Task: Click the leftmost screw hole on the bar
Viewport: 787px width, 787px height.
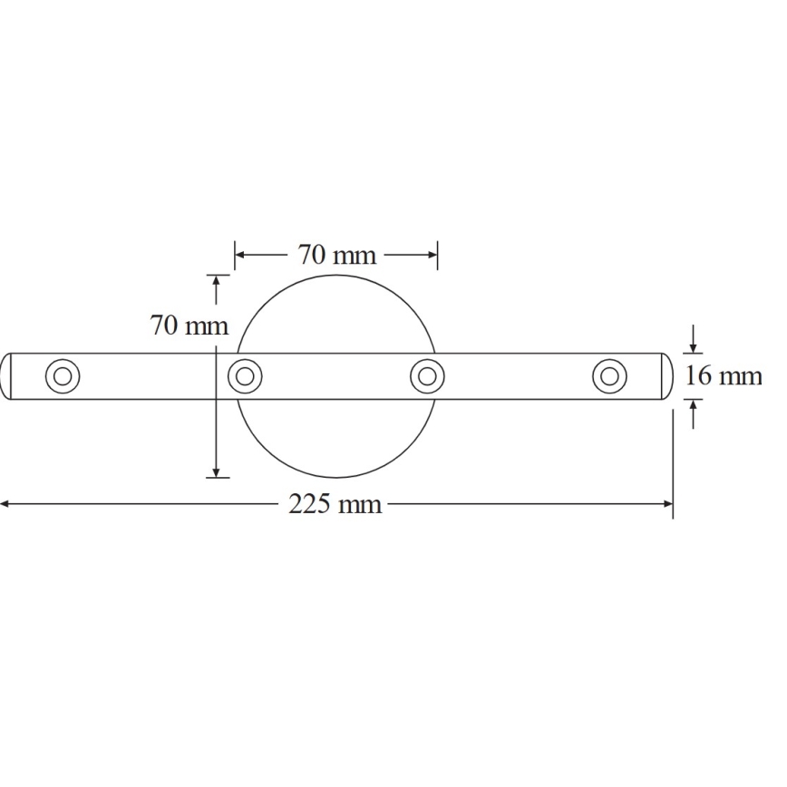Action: (x=63, y=375)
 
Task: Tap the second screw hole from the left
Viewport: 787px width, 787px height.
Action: (x=245, y=375)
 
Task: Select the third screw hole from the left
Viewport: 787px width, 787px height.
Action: (x=427, y=375)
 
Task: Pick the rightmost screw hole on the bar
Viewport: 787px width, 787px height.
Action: (x=609, y=375)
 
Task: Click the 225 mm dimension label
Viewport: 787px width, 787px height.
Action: (x=335, y=504)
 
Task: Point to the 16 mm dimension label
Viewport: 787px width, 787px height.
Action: (x=723, y=375)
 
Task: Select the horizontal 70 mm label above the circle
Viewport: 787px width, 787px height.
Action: (x=336, y=255)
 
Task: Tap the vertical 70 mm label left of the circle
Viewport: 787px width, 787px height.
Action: (x=189, y=325)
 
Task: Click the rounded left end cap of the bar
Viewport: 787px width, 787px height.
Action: (x=6, y=375)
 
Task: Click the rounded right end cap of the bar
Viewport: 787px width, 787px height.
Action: (x=666, y=375)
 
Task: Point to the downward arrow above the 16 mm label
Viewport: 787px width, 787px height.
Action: (x=694, y=346)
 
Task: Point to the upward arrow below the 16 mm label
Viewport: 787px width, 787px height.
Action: (x=694, y=406)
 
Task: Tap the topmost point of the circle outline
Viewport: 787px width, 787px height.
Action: (x=336, y=275)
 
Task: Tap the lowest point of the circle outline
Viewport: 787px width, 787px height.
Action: (x=336, y=477)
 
